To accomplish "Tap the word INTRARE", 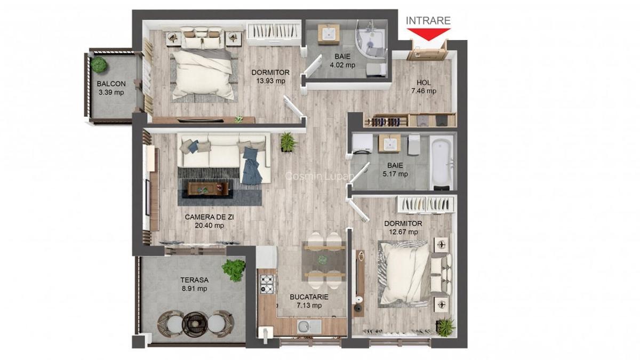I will click(428, 21).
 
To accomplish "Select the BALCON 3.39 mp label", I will click(111, 88).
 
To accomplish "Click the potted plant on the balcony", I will click(98, 65).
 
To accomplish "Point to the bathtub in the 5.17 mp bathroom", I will click(442, 161).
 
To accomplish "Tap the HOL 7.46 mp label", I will click(426, 86).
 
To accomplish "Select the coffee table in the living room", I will click(209, 188).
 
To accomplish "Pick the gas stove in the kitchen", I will click(267, 283).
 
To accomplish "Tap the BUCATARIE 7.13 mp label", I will click(309, 301).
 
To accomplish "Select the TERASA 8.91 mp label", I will click(194, 284).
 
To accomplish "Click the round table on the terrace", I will click(194, 323).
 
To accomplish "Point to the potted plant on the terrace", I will click(234, 269).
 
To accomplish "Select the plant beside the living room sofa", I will click(287, 142).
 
